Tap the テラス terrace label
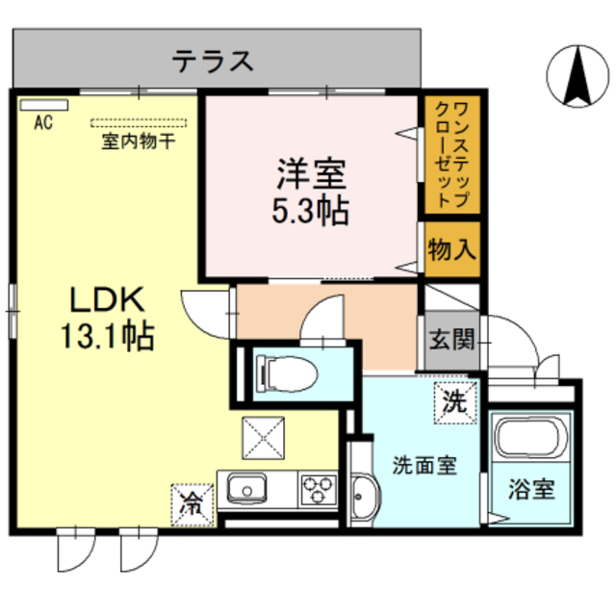214,61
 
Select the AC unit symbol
39,103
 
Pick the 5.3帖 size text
311,209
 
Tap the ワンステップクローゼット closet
452,154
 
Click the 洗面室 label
423,465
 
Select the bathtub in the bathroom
531,440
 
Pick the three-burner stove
316,489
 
